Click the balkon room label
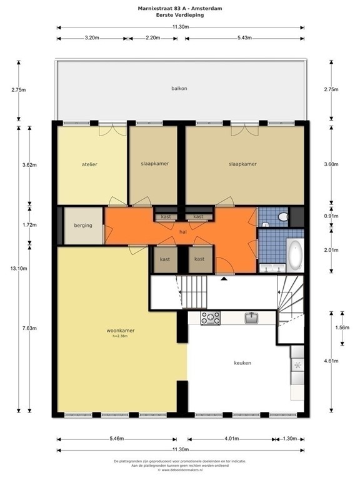point(179,89)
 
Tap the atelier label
point(89,164)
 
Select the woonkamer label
point(120,331)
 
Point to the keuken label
point(242,362)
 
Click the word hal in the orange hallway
point(183,231)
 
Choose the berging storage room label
point(83,226)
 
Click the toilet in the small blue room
point(282,217)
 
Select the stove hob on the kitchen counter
point(210,318)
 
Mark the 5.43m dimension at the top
point(244,38)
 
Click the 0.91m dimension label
point(331,216)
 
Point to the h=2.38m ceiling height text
point(120,337)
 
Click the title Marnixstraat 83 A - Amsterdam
point(179,9)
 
